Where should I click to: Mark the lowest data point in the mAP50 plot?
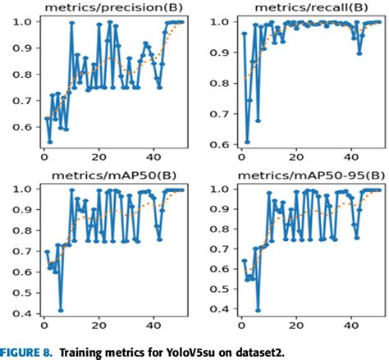(61, 310)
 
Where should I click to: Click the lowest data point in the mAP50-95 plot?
(259, 310)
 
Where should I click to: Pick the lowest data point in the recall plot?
(247, 141)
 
